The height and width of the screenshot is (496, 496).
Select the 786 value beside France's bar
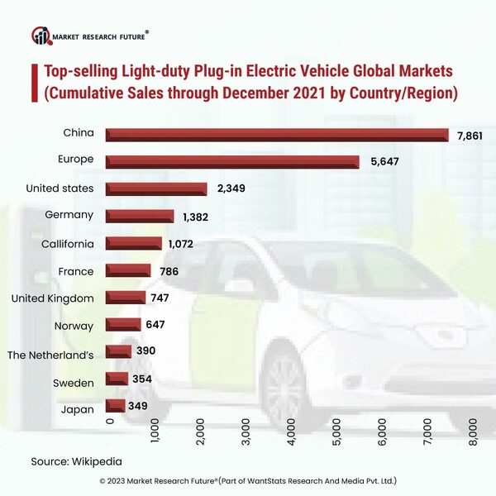click(x=169, y=271)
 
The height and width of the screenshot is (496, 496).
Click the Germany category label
click(x=71, y=215)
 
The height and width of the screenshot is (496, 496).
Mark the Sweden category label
click(x=74, y=381)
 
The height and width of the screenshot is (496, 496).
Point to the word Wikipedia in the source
click(x=102, y=460)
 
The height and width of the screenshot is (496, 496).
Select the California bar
click(x=134, y=244)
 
